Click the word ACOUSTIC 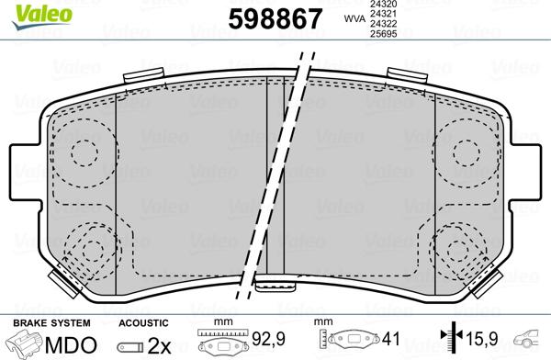click(144, 323)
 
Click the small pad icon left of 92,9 click(220, 346)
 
